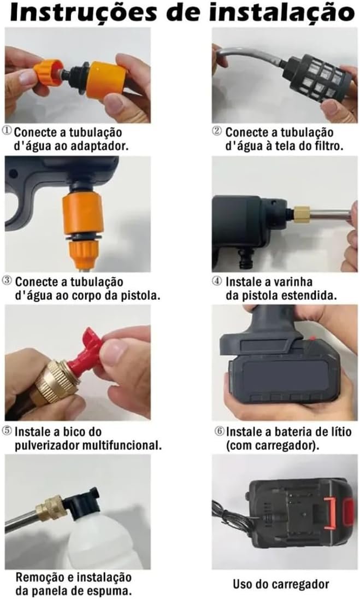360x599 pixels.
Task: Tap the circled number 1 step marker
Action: pos(7,131)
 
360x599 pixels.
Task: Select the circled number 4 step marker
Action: pos(216,281)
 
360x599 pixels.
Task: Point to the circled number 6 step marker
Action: pos(219,431)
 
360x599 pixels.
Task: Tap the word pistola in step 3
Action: pos(139,295)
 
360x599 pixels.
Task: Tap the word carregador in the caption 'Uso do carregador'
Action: pos(296,584)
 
